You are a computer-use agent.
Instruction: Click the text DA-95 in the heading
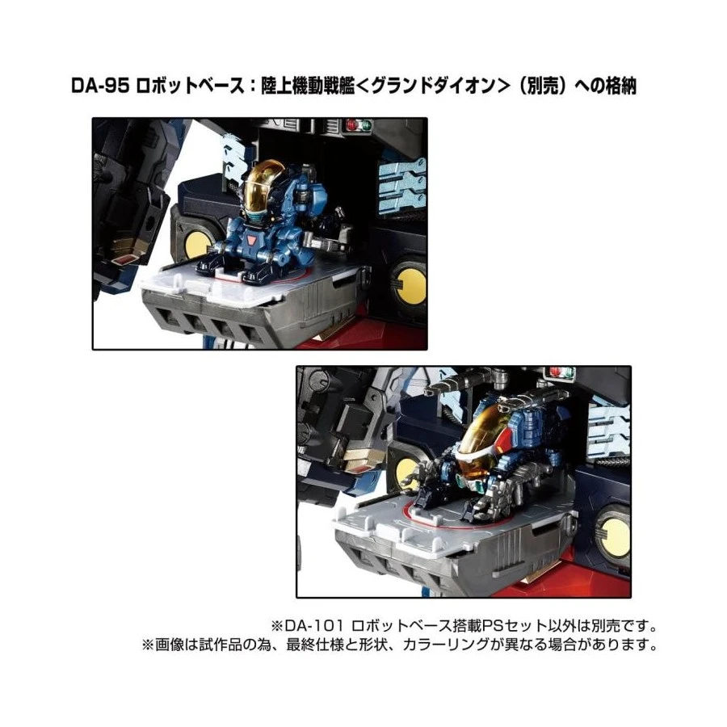click(x=100, y=86)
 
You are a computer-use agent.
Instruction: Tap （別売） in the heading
click(x=540, y=86)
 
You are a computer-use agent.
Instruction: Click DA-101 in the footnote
click(x=313, y=625)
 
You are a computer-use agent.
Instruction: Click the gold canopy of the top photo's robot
click(x=265, y=186)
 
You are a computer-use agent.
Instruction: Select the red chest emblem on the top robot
click(x=252, y=241)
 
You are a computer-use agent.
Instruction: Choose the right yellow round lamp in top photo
click(x=412, y=284)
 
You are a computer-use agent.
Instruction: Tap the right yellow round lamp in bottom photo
click(x=616, y=537)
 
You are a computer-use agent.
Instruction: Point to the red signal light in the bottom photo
click(x=554, y=371)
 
